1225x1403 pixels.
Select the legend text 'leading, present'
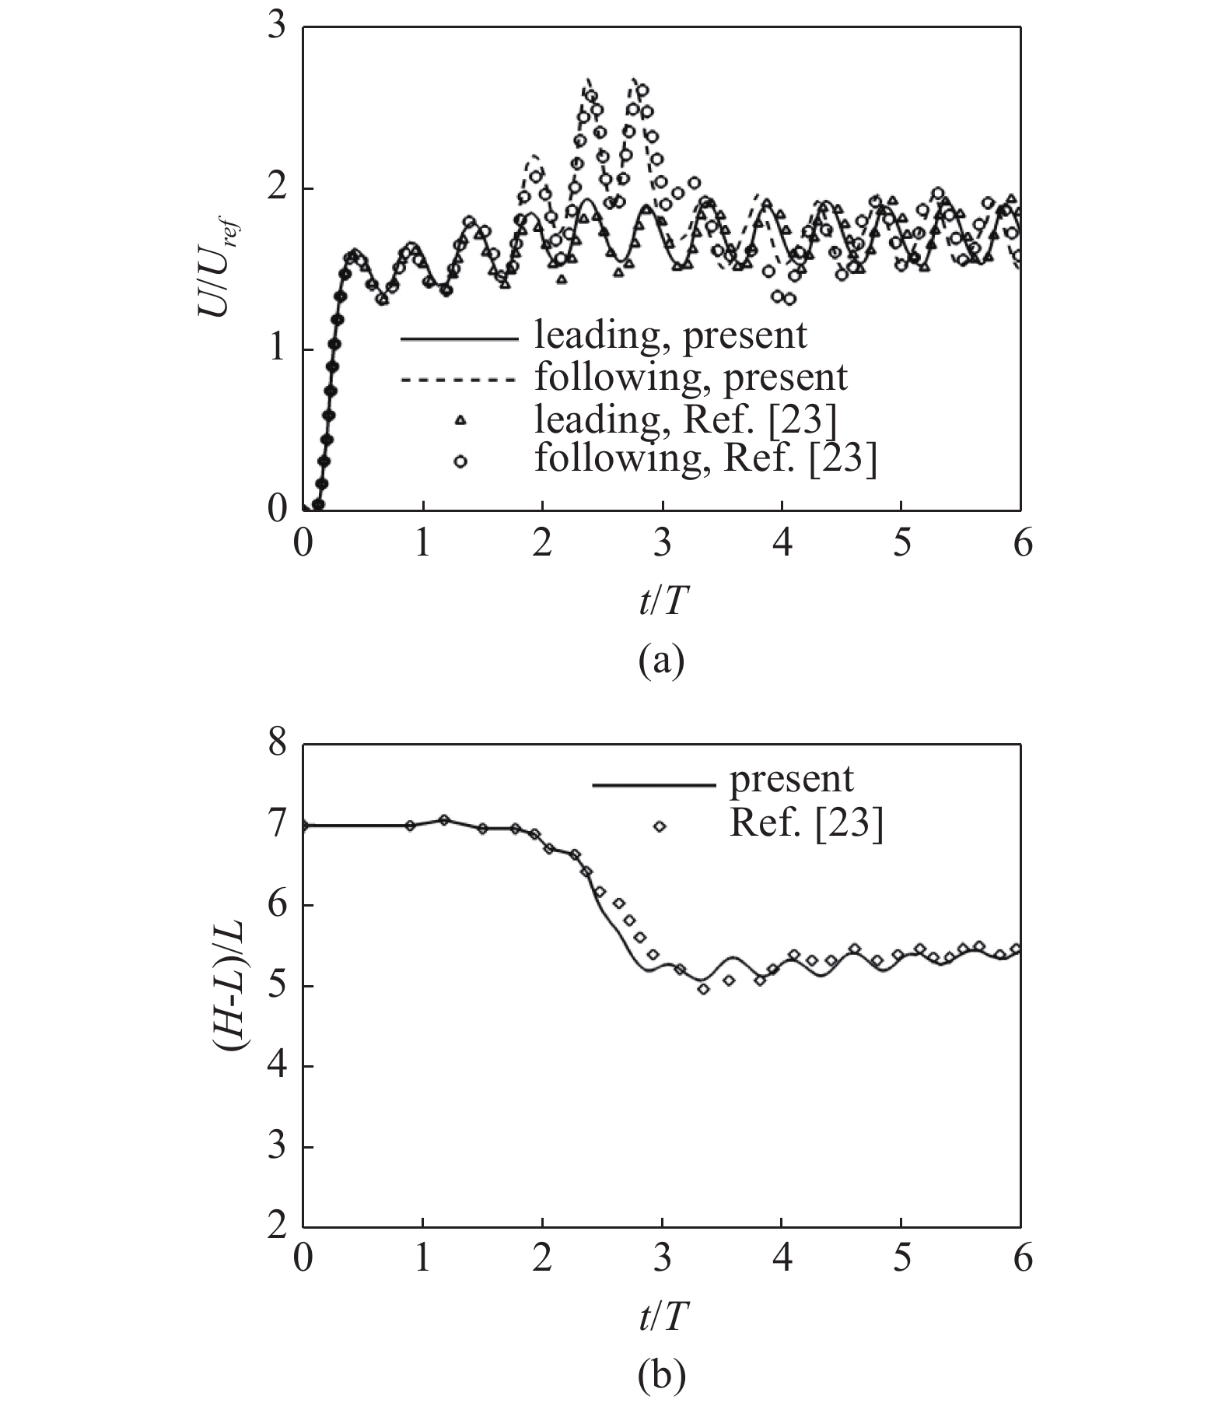coord(670,335)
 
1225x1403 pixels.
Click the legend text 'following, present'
coord(691,377)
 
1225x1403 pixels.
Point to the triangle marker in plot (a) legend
coord(460,420)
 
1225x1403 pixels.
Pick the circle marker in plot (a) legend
coord(460,461)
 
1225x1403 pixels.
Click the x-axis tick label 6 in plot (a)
coord(1022,543)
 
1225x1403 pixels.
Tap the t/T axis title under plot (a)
coord(662,601)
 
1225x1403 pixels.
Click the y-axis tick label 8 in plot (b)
coord(276,744)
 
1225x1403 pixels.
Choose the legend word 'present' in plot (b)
coord(791,779)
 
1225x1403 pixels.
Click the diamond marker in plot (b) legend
coord(660,826)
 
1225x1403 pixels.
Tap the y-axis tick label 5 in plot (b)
coord(276,987)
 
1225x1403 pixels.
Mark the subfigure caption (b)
coord(661,1377)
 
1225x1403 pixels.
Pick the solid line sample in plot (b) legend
coord(653,784)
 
